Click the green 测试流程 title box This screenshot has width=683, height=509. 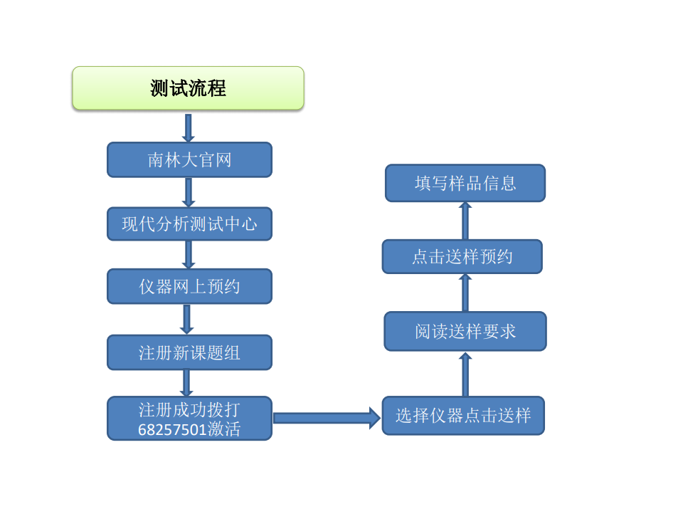pos(188,88)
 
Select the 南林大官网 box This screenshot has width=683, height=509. pos(189,159)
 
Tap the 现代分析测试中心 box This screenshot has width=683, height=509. pos(189,224)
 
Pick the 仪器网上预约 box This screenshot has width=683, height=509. pos(189,286)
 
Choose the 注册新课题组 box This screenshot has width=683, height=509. pos(189,352)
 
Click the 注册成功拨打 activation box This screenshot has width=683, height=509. pos(189,419)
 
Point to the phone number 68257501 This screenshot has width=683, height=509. pos(172,430)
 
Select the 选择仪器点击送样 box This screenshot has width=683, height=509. pos(463,415)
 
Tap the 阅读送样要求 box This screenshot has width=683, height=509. pos(465,331)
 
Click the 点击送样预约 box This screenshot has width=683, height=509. pos(462,257)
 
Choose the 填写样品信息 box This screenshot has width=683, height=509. pos(465,183)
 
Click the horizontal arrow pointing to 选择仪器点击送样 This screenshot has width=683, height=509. pos(327,419)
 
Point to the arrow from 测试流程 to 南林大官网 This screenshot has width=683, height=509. pos(188,128)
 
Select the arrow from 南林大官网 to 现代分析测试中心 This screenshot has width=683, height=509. pos(189,192)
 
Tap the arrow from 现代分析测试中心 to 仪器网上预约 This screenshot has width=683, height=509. pos(189,255)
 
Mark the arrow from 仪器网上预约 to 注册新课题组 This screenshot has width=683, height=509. pos(187,320)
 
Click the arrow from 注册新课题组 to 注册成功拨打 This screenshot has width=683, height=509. pos(186,383)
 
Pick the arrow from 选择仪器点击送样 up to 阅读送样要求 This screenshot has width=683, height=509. pos(465,374)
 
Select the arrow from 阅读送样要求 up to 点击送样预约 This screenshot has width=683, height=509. pos(465,293)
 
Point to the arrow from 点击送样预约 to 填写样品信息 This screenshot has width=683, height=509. pos(465,221)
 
